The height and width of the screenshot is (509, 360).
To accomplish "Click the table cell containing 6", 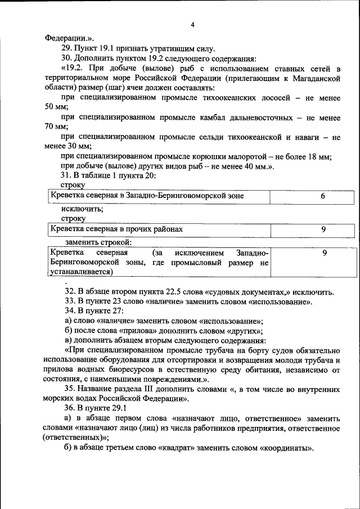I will coord(323,196).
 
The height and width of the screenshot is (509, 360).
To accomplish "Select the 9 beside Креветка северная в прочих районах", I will coord(323,229).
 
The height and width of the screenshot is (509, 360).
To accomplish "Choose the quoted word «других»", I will coord(244,331).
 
